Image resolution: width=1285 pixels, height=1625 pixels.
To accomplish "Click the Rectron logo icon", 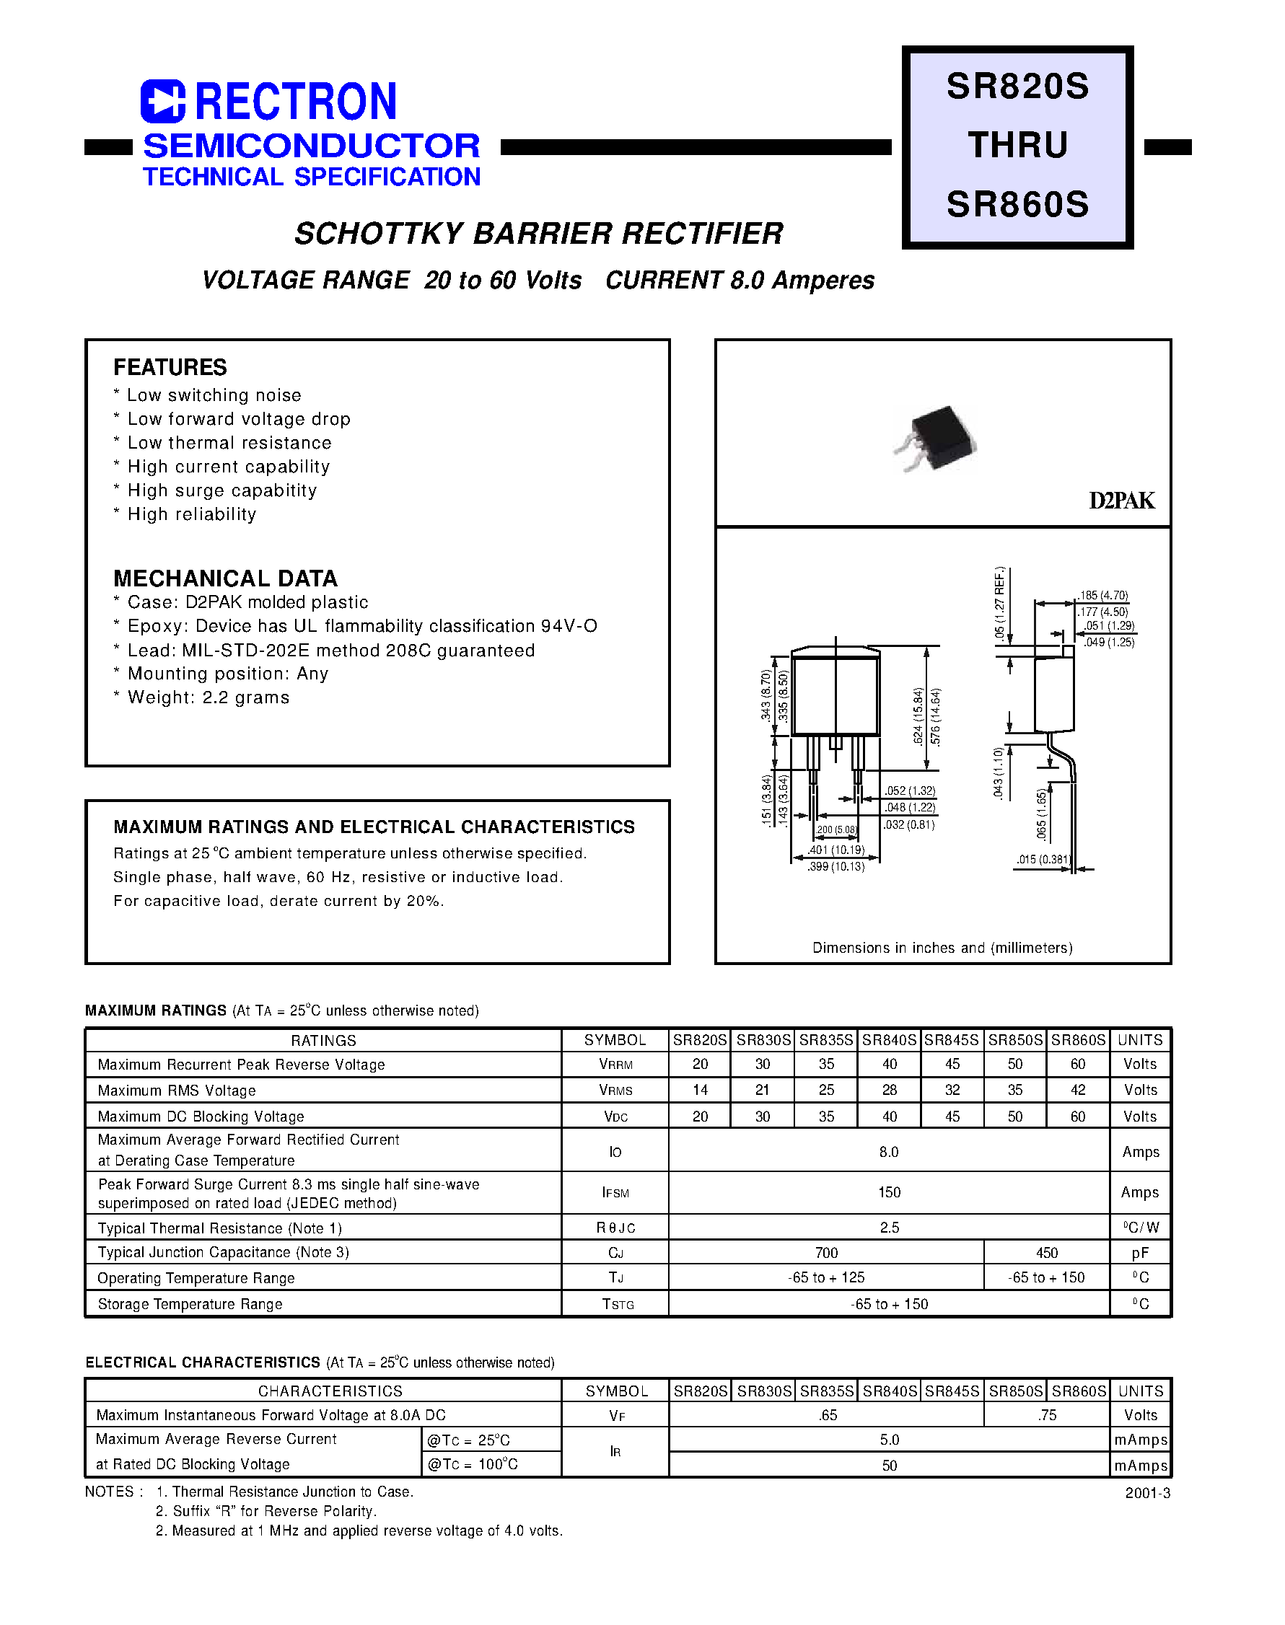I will pos(162,101).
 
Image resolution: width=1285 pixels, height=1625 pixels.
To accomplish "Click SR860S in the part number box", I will pos(1017,204).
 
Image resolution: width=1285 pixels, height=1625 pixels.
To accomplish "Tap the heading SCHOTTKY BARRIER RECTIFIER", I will pos(539,234).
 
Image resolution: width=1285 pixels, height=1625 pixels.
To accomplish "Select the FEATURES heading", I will pos(170,367).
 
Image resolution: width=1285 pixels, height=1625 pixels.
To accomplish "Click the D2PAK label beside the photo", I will pos(1121,501).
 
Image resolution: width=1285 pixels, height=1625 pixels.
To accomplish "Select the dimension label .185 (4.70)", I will pos(1104,595).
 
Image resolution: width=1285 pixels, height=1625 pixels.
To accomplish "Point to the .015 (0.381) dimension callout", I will pos(1043,859).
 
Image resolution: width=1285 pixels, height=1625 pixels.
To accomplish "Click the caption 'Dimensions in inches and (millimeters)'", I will pos(942,948).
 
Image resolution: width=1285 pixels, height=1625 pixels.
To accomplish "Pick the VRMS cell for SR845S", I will pos(952,1090).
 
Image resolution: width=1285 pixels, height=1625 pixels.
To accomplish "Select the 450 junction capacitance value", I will pos(1046,1253).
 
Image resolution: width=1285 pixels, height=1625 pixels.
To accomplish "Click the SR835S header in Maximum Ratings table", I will pos(826,1040).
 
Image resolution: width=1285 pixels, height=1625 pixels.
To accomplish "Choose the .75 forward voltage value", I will pos(1046,1415).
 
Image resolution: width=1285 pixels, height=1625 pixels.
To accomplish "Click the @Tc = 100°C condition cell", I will pos(473,1464).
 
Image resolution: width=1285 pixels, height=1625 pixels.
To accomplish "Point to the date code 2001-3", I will pos(1147,1494).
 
